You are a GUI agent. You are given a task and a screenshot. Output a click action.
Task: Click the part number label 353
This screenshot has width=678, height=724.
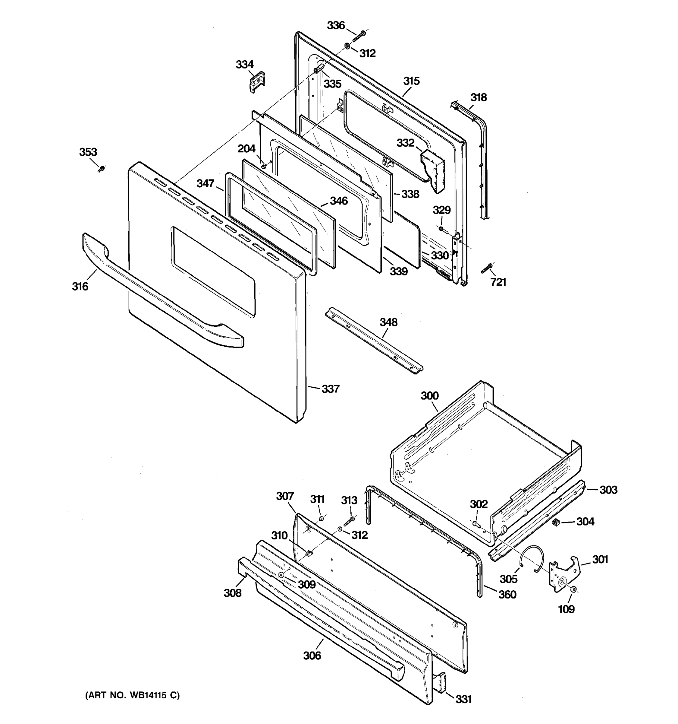[88, 152]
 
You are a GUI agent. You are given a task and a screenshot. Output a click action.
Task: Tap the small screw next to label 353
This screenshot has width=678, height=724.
[102, 169]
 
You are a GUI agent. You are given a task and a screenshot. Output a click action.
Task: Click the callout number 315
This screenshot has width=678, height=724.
[411, 81]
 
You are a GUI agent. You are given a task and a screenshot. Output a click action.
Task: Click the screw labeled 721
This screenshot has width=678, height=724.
[486, 269]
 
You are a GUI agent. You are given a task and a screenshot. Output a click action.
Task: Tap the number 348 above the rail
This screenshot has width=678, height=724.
[388, 322]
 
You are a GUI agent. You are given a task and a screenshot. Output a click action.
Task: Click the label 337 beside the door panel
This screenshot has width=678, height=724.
[330, 389]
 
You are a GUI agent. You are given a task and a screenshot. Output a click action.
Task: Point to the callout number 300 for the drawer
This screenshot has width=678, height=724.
[430, 395]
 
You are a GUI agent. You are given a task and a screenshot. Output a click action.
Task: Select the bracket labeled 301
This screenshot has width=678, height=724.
[564, 575]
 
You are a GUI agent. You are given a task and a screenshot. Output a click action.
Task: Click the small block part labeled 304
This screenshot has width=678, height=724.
[555, 522]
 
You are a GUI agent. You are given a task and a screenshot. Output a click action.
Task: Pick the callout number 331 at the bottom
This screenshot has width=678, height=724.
[463, 699]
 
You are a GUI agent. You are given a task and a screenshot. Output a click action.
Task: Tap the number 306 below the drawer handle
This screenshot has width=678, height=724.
[312, 656]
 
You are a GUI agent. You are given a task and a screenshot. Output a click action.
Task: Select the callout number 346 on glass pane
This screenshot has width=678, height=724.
[339, 201]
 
